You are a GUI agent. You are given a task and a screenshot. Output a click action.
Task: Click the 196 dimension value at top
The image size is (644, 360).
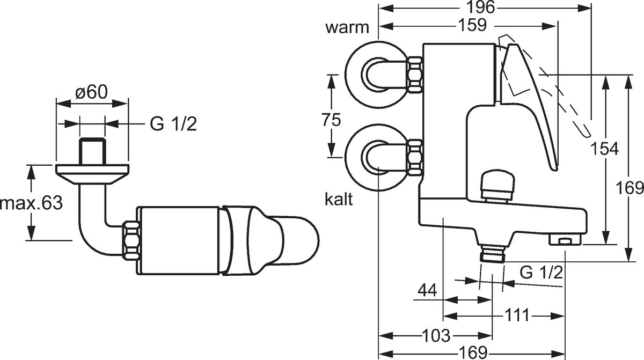click(481, 7)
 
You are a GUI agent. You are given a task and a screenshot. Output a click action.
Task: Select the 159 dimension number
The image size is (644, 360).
click(472, 25)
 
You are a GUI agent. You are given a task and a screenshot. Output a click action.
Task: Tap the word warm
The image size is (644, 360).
click(347, 27)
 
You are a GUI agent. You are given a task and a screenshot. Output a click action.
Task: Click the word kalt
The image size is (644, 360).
click(339, 199)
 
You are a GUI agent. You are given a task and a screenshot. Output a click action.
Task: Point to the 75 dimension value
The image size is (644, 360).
click(331, 120)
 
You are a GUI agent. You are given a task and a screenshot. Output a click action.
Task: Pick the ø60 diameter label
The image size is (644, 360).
click(91, 92)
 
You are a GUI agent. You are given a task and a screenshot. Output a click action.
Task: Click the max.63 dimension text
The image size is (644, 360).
click(31, 203)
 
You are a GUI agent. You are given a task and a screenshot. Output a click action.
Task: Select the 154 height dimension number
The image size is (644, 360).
click(604, 149)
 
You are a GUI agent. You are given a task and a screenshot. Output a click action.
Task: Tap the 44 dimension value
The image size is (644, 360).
click(428, 290)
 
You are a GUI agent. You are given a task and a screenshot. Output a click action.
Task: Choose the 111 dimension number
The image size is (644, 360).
click(517, 315)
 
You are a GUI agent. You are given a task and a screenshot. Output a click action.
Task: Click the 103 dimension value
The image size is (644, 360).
click(436, 335)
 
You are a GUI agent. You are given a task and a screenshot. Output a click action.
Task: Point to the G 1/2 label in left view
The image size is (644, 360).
click(173, 124)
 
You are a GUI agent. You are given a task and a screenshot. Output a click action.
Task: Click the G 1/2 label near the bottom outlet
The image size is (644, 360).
click(541, 273)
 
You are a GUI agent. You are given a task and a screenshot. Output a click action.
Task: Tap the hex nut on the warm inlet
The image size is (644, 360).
click(415, 75)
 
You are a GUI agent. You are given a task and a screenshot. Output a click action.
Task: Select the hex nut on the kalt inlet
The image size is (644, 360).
click(415, 157)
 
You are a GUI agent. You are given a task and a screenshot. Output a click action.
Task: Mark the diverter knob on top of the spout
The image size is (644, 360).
click(496, 187)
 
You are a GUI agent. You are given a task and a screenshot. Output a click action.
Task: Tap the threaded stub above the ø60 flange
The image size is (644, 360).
click(92, 151)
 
